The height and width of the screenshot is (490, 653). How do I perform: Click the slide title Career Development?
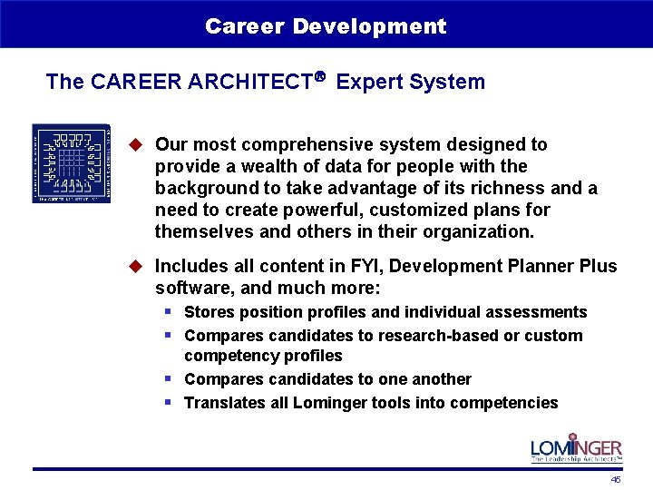326,26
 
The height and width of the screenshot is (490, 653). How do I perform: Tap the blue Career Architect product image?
72,163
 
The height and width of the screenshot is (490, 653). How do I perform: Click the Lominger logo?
576,450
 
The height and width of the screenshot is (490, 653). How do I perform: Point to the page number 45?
616,479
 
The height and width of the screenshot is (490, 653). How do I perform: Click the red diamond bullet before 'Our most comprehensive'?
137,144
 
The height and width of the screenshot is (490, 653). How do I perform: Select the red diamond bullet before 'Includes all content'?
137,266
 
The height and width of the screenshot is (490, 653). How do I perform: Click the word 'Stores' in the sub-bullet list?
207,312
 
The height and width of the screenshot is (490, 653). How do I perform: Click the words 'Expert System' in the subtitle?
411,82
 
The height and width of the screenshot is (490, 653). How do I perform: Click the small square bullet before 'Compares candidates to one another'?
169,378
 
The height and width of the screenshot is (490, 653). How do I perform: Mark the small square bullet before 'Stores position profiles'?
169,311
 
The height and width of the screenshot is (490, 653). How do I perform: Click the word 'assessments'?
538,312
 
